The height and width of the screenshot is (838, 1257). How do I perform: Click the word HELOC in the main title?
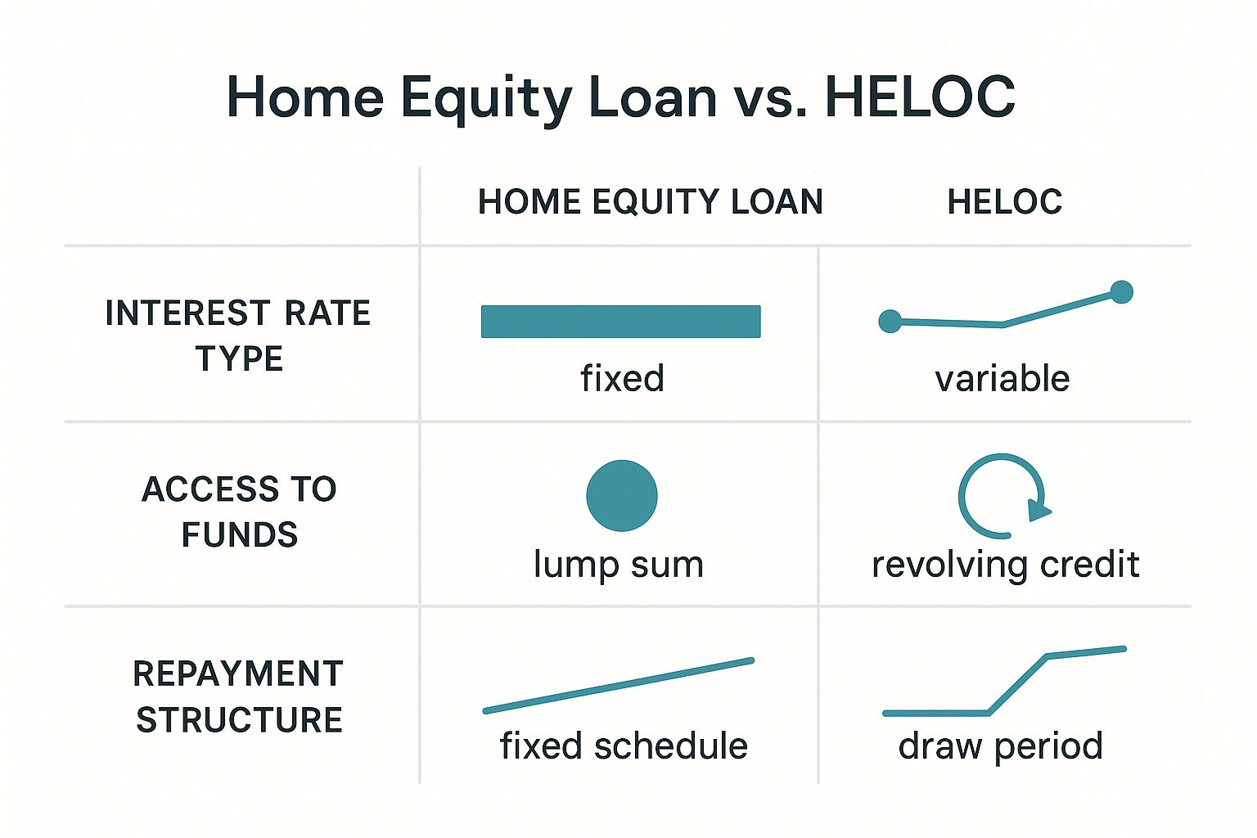click(921, 97)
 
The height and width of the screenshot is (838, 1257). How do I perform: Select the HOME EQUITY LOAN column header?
click(651, 201)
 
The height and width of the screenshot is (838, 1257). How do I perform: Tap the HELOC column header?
click(1004, 201)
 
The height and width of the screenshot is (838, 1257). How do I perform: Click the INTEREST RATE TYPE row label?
click(238, 335)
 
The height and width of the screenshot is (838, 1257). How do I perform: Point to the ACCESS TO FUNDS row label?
click(239, 511)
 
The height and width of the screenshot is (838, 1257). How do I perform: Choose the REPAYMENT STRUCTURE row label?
click(238, 696)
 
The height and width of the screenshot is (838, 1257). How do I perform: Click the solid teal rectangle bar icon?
click(620, 322)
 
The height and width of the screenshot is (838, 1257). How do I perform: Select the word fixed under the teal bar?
click(622, 378)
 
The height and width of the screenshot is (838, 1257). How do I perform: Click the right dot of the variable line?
click(1121, 292)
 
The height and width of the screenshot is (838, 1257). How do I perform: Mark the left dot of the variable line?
click(890, 322)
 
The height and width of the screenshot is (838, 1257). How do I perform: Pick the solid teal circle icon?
click(622, 496)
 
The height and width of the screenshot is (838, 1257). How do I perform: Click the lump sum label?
click(619, 565)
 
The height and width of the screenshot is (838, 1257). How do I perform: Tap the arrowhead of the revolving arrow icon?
click(1038, 510)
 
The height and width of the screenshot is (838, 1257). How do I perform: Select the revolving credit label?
click(1005, 565)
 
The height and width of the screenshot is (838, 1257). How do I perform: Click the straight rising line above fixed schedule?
click(619, 686)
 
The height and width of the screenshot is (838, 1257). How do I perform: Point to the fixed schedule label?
click(624, 746)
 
